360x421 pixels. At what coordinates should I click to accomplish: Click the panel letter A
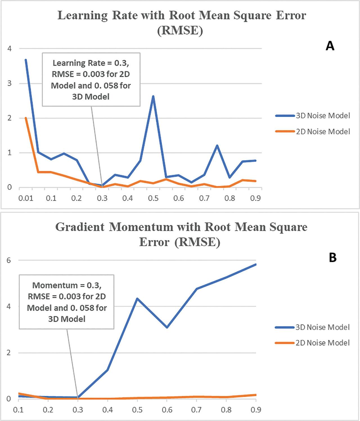coord(330,46)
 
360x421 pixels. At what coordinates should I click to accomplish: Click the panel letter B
coord(332,257)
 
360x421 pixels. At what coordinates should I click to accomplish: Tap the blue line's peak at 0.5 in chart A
coord(153,96)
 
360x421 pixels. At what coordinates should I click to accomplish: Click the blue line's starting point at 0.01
coord(26,60)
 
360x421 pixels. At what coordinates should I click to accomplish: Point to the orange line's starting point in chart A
coord(26,118)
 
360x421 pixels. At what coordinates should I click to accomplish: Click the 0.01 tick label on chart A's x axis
coord(26,198)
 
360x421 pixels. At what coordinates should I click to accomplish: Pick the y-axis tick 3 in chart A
coord(10,83)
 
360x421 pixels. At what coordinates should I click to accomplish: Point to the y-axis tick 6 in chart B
coord(9,260)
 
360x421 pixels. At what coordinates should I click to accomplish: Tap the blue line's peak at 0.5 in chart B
coord(137,298)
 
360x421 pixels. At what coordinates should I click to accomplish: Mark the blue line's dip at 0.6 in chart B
coord(167,327)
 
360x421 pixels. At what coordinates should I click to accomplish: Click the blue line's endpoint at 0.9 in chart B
coord(256,264)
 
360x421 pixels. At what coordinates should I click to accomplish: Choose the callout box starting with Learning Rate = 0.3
coord(91,80)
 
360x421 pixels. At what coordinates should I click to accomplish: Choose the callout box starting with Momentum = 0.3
coord(67,302)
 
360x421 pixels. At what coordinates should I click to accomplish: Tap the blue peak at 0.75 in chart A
coord(217,146)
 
